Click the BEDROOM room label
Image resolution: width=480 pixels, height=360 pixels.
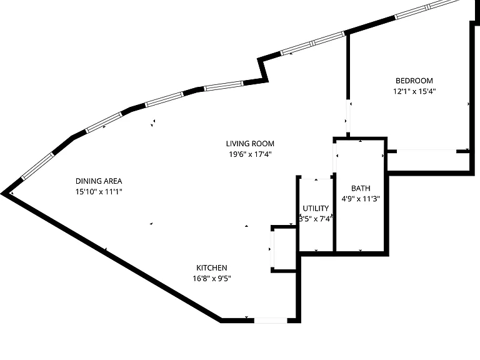[414, 81]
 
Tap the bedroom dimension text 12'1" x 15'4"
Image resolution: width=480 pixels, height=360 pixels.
[414, 91]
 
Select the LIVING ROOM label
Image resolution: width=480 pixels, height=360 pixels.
[250, 144]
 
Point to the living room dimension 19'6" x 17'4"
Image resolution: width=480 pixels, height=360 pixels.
[250, 154]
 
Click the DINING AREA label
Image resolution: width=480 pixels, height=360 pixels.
[99, 181]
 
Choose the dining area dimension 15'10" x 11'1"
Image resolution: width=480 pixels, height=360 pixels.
[99, 192]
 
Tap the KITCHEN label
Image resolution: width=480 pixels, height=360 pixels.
[211, 268]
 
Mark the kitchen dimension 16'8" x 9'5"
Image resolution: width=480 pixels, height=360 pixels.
[211, 279]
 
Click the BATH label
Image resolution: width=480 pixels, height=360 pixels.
[361, 188]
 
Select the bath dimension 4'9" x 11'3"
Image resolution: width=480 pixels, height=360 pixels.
[361, 199]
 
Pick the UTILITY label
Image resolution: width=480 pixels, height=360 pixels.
[316, 209]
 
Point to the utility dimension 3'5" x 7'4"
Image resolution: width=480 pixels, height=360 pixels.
[316, 219]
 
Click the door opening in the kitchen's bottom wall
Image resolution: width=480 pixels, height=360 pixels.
[271, 321]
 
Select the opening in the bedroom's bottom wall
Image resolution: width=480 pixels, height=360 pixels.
[426, 151]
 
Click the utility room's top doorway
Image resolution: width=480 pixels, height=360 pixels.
[316, 177]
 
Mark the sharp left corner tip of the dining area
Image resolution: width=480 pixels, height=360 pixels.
[2, 194]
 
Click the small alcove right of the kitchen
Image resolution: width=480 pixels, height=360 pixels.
[284, 249]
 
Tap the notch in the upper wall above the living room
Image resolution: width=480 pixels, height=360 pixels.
[262, 70]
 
